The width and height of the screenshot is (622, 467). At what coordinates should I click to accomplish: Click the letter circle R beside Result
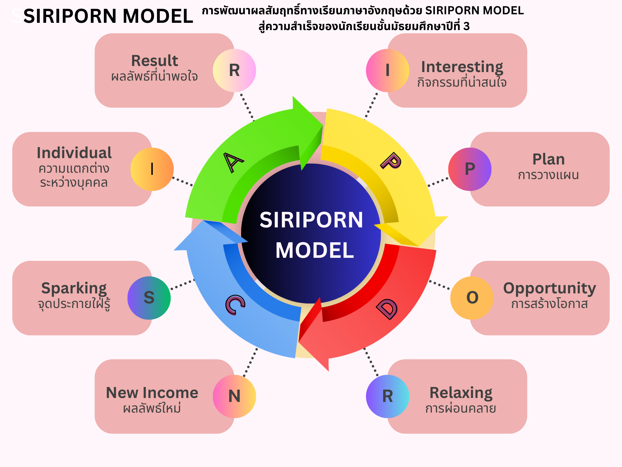[234, 71]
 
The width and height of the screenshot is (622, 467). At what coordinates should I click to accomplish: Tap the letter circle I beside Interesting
[387, 71]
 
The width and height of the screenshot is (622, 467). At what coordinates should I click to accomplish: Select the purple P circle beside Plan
[470, 169]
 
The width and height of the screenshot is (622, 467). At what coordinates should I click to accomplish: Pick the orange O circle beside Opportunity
[472, 298]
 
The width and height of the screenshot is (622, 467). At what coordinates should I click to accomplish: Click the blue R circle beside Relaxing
[387, 396]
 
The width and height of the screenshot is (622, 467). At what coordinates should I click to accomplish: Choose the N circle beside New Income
[234, 396]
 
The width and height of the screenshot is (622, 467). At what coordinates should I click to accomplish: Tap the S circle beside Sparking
[149, 298]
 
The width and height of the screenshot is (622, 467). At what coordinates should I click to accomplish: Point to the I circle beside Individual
[152, 169]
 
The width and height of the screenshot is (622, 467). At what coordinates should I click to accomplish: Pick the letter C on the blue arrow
[235, 304]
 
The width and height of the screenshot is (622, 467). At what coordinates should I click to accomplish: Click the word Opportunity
[549, 288]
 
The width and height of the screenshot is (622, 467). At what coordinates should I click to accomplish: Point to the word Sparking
[74, 288]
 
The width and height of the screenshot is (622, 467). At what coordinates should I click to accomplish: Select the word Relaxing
[461, 393]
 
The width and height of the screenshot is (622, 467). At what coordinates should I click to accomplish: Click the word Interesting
[462, 67]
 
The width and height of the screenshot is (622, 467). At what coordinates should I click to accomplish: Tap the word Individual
[74, 153]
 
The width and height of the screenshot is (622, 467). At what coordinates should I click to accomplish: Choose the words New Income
[152, 393]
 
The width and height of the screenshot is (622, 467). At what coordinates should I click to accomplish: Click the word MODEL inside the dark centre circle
[315, 251]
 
